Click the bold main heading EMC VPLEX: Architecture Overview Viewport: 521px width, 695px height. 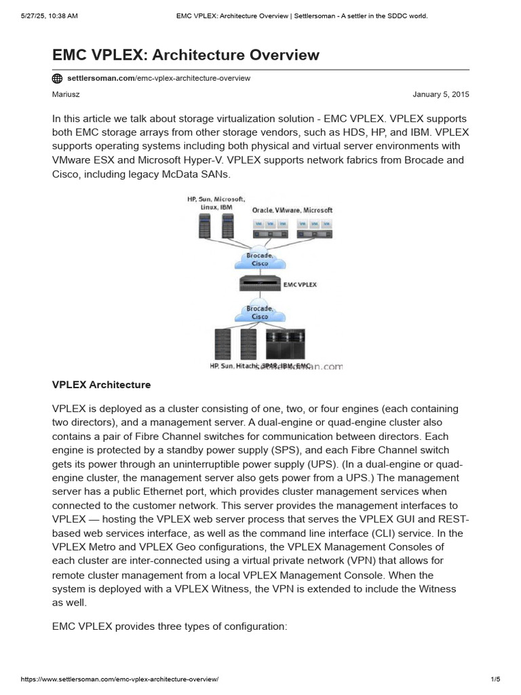(185, 54)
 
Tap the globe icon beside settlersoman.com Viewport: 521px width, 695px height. (58, 78)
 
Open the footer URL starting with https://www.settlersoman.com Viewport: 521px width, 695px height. (119, 679)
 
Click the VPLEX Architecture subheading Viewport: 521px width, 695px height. (101, 385)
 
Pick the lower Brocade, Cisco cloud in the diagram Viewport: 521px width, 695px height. (260, 312)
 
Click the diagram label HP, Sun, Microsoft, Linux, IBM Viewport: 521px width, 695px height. (216, 203)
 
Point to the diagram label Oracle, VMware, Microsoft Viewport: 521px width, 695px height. (292, 210)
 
